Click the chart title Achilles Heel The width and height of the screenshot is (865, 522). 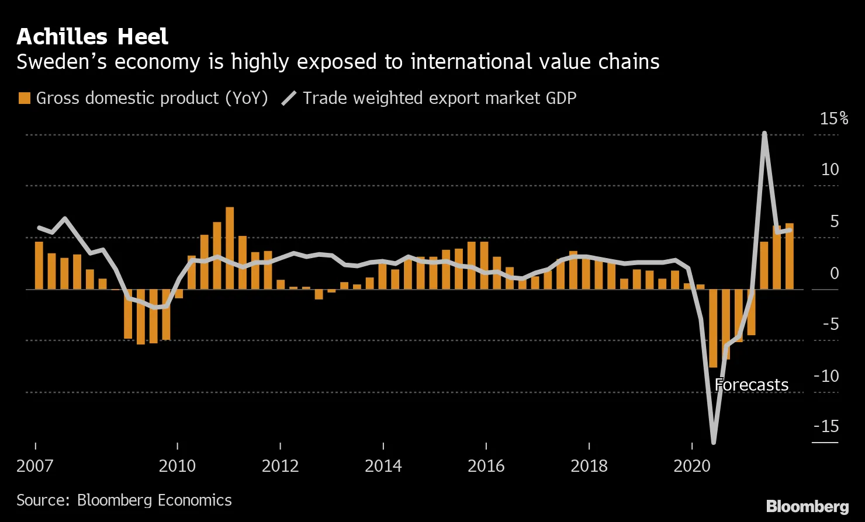pyautogui.click(x=92, y=37)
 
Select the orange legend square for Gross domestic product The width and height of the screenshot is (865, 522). pyautogui.click(x=24, y=98)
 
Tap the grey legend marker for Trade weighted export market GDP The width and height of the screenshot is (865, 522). pyautogui.click(x=289, y=98)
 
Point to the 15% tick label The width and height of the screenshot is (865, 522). pyautogui.click(x=833, y=119)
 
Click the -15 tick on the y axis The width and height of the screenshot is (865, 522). pyautogui.click(x=826, y=427)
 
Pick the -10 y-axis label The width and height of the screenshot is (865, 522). pyautogui.click(x=826, y=376)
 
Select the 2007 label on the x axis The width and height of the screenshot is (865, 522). pyautogui.click(x=35, y=466)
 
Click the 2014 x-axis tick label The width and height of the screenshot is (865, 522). pyautogui.click(x=383, y=466)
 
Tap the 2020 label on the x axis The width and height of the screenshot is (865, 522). pyautogui.click(x=691, y=466)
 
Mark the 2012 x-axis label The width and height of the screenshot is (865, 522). pyautogui.click(x=281, y=466)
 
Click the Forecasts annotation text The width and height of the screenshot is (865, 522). pyautogui.click(x=751, y=385)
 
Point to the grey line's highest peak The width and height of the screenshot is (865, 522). pyautogui.click(x=764, y=134)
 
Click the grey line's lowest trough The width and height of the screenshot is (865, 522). pyautogui.click(x=713, y=441)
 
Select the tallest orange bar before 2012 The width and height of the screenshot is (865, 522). pyautogui.click(x=230, y=248)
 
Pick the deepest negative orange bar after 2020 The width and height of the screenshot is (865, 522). pyautogui.click(x=713, y=328)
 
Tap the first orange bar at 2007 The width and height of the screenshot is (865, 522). pyautogui.click(x=39, y=265)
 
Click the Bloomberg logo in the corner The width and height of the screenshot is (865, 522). pyautogui.click(x=807, y=506)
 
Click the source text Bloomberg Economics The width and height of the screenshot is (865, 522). pyautogui.click(x=154, y=500)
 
